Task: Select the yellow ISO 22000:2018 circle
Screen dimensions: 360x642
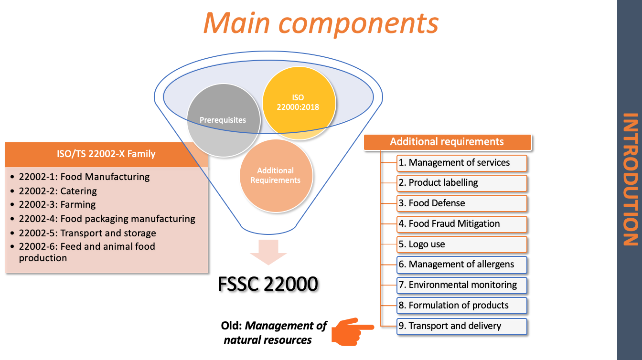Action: pos(298,103)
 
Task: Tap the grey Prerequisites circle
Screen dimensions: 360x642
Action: pos(223,120)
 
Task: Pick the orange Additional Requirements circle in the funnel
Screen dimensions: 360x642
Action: pos(276,175)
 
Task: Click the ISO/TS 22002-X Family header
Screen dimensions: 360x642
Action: pos(107,154)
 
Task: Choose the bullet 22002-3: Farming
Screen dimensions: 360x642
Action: pos(57,204)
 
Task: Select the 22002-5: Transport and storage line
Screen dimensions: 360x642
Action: pos(87,233)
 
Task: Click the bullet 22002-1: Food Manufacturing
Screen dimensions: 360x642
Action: pos(84,177)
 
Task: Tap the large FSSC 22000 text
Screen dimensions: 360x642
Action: pos(268,285)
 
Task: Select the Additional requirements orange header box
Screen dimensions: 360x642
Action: pos(448,142)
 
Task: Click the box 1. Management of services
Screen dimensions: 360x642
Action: pos(461,163)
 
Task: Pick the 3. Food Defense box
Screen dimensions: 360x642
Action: pos(461,203)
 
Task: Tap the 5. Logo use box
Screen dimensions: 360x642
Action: pos(461,244)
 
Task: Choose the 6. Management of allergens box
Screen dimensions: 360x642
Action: pos(461,265)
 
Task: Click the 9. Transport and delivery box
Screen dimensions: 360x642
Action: pos(461,326)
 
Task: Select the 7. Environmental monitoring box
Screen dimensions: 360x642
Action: pos(461,285)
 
